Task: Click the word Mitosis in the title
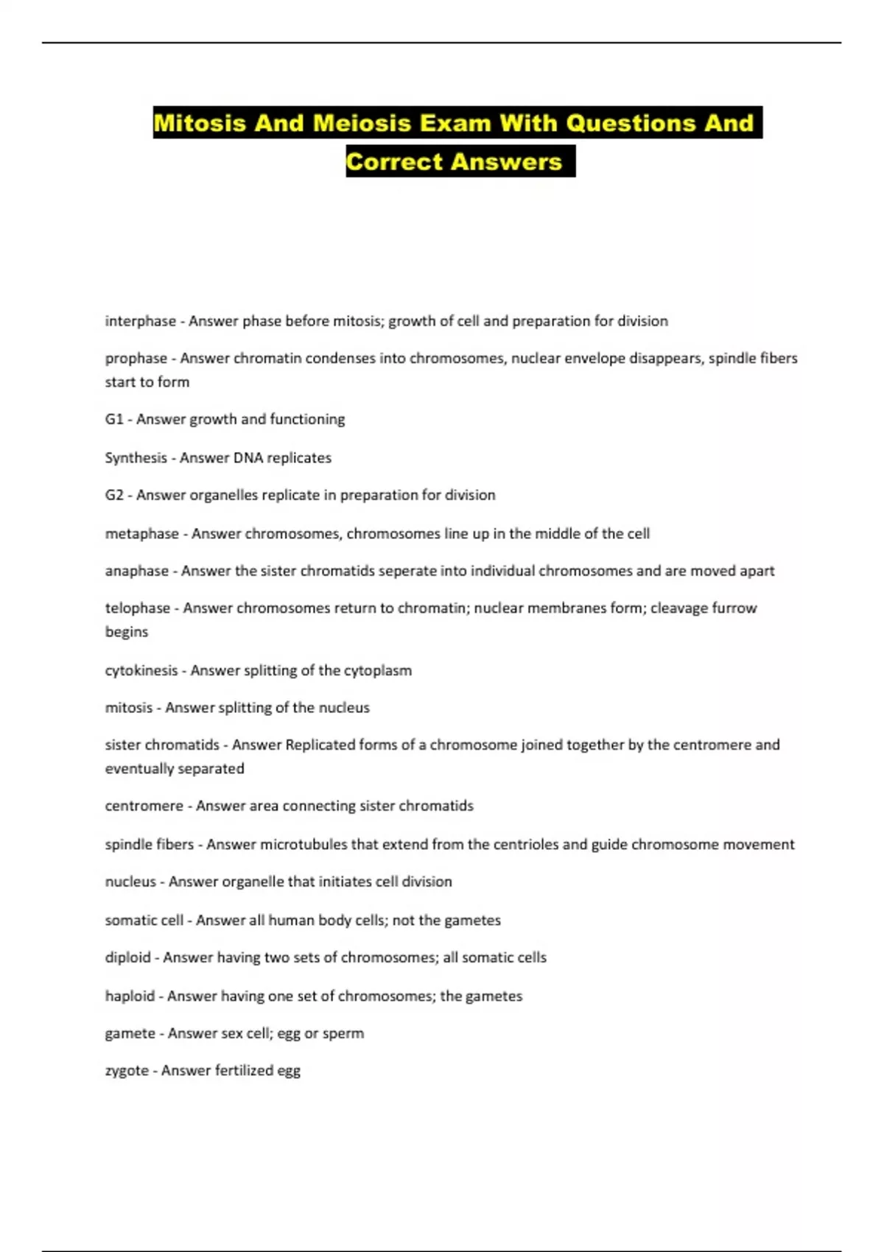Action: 199,122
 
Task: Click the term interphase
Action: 140,321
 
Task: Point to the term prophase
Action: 136,359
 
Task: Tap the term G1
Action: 114,419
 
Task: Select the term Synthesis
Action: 136,458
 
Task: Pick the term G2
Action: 114,495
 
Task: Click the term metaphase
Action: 141,534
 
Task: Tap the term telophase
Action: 137,608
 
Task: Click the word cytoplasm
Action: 378,671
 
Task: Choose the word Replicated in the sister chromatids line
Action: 320,745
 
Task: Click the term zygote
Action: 127,1071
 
